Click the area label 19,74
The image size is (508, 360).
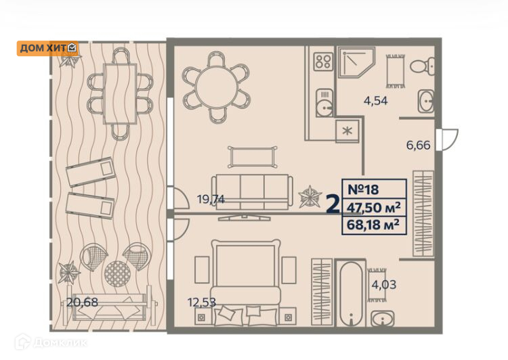point(211,199)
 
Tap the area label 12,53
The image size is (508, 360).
point(202,302)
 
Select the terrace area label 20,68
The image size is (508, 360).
point(82,302)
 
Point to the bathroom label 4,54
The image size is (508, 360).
point(375,101)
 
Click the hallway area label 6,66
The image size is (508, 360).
point(419,145)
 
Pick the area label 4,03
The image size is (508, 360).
point(383,285)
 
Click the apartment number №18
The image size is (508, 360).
point(363,189)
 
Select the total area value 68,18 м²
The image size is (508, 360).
point(373,225)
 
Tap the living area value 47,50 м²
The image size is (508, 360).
point(373,207)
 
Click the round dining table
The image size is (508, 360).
point(217,87)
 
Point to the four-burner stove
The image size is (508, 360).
point(323,62)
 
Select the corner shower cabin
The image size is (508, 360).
point(356,62)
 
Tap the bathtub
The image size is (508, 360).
point(351,294)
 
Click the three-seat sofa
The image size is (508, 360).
point(252,192)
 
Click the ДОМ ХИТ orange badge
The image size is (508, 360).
point(47,48)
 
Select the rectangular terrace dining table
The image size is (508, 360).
point(120,93)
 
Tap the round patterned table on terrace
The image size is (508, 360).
point(117,274)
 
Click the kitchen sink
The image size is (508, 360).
point(324,103)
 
